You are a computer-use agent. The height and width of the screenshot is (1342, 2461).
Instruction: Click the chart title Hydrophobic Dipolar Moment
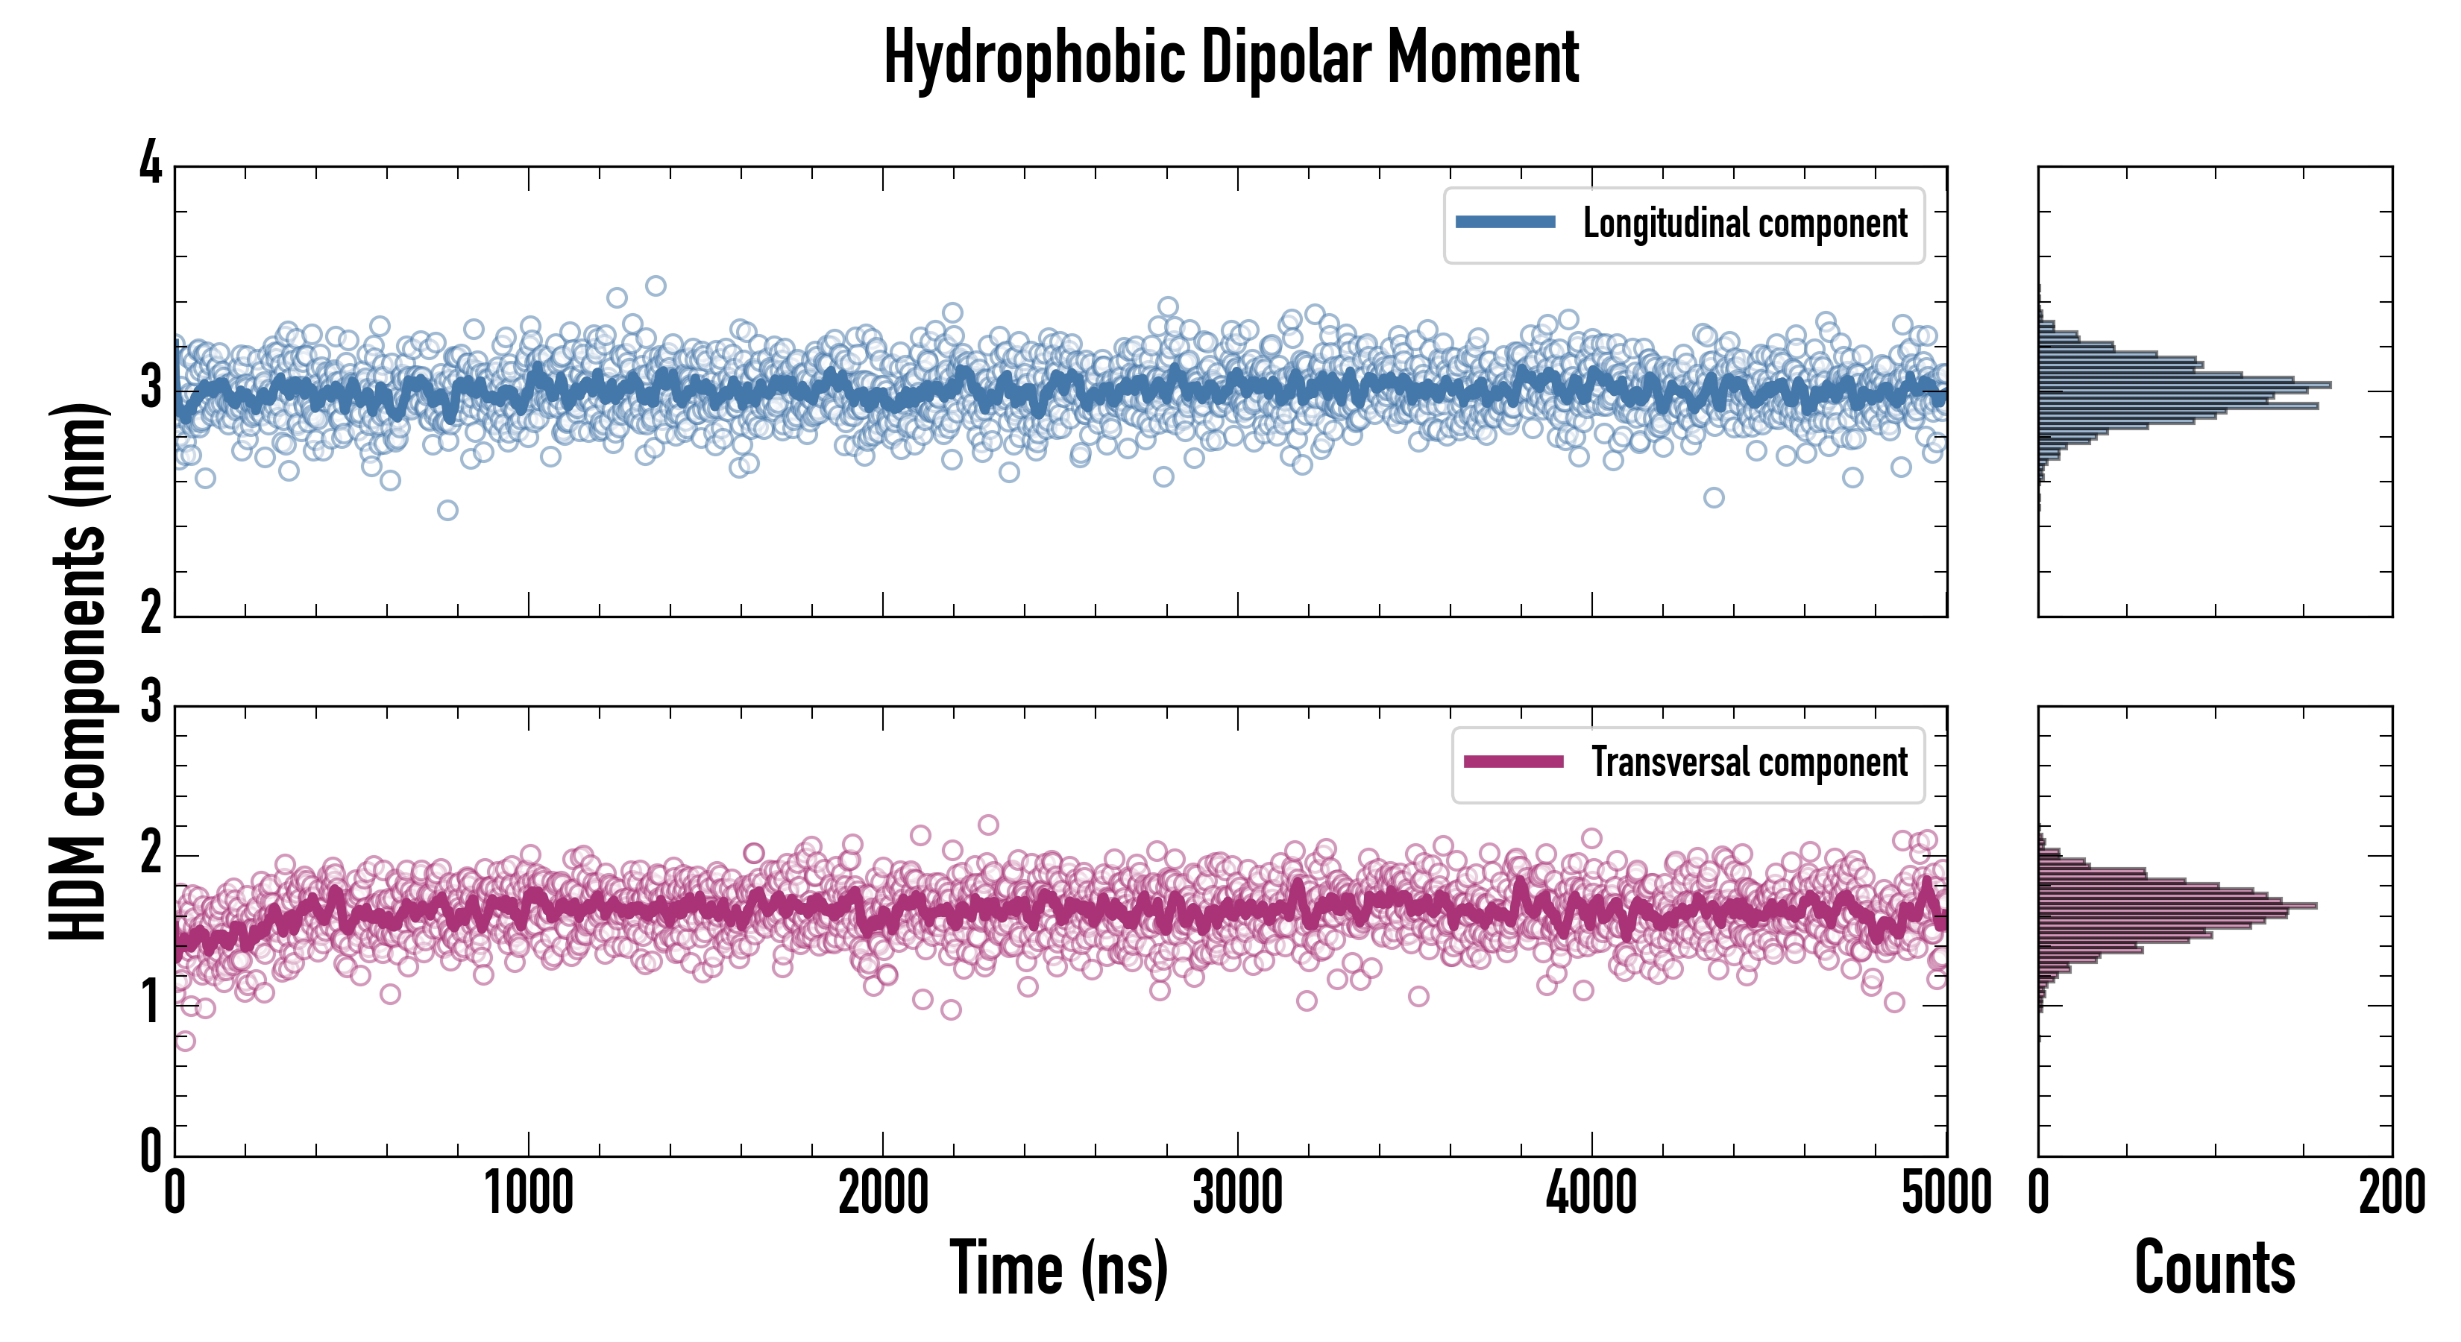pyautogui.click(x=1230, y=57)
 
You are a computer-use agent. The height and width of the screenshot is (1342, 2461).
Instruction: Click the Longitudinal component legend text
pyautogui.click(x=1744, y=224)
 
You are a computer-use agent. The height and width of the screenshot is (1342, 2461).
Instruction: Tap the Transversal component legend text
pyautogui.click(x=1748, y=762)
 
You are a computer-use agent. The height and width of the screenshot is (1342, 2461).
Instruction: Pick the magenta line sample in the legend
pyautogui.click(x=1513, y=761)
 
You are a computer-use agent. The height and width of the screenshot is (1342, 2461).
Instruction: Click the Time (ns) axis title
pyautogui.click(x=1058, y=1267)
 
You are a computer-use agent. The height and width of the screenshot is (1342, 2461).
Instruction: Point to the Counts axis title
pyautogui.click(x=2214, y=1267)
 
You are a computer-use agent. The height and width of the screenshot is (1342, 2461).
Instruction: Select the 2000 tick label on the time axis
pyautogui.click(x=884, y=1194)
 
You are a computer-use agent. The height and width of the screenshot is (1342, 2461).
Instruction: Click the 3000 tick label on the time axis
pyautogui.click(x=1238, y=1194)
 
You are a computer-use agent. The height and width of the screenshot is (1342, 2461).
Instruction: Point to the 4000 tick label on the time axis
pyautogui.click(x=1591, y=1194)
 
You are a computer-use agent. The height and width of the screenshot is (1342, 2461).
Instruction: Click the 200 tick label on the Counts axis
pyautogui.click(x=2391, y=1194)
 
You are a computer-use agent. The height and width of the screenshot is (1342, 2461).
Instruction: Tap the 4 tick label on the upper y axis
pyautogui.click(x=151, y=164)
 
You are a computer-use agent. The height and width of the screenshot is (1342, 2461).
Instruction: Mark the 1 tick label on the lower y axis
pyautogui.click(x=151, y=1004)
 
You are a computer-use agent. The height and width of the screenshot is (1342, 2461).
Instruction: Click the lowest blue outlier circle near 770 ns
pyautogui.click(x=447, y=510)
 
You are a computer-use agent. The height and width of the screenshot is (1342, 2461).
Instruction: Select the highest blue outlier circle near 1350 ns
pyautogui.click(x=656, y=286)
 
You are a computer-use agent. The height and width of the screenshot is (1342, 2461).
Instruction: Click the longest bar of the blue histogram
pyautogui.click(x=2184, y=385)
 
